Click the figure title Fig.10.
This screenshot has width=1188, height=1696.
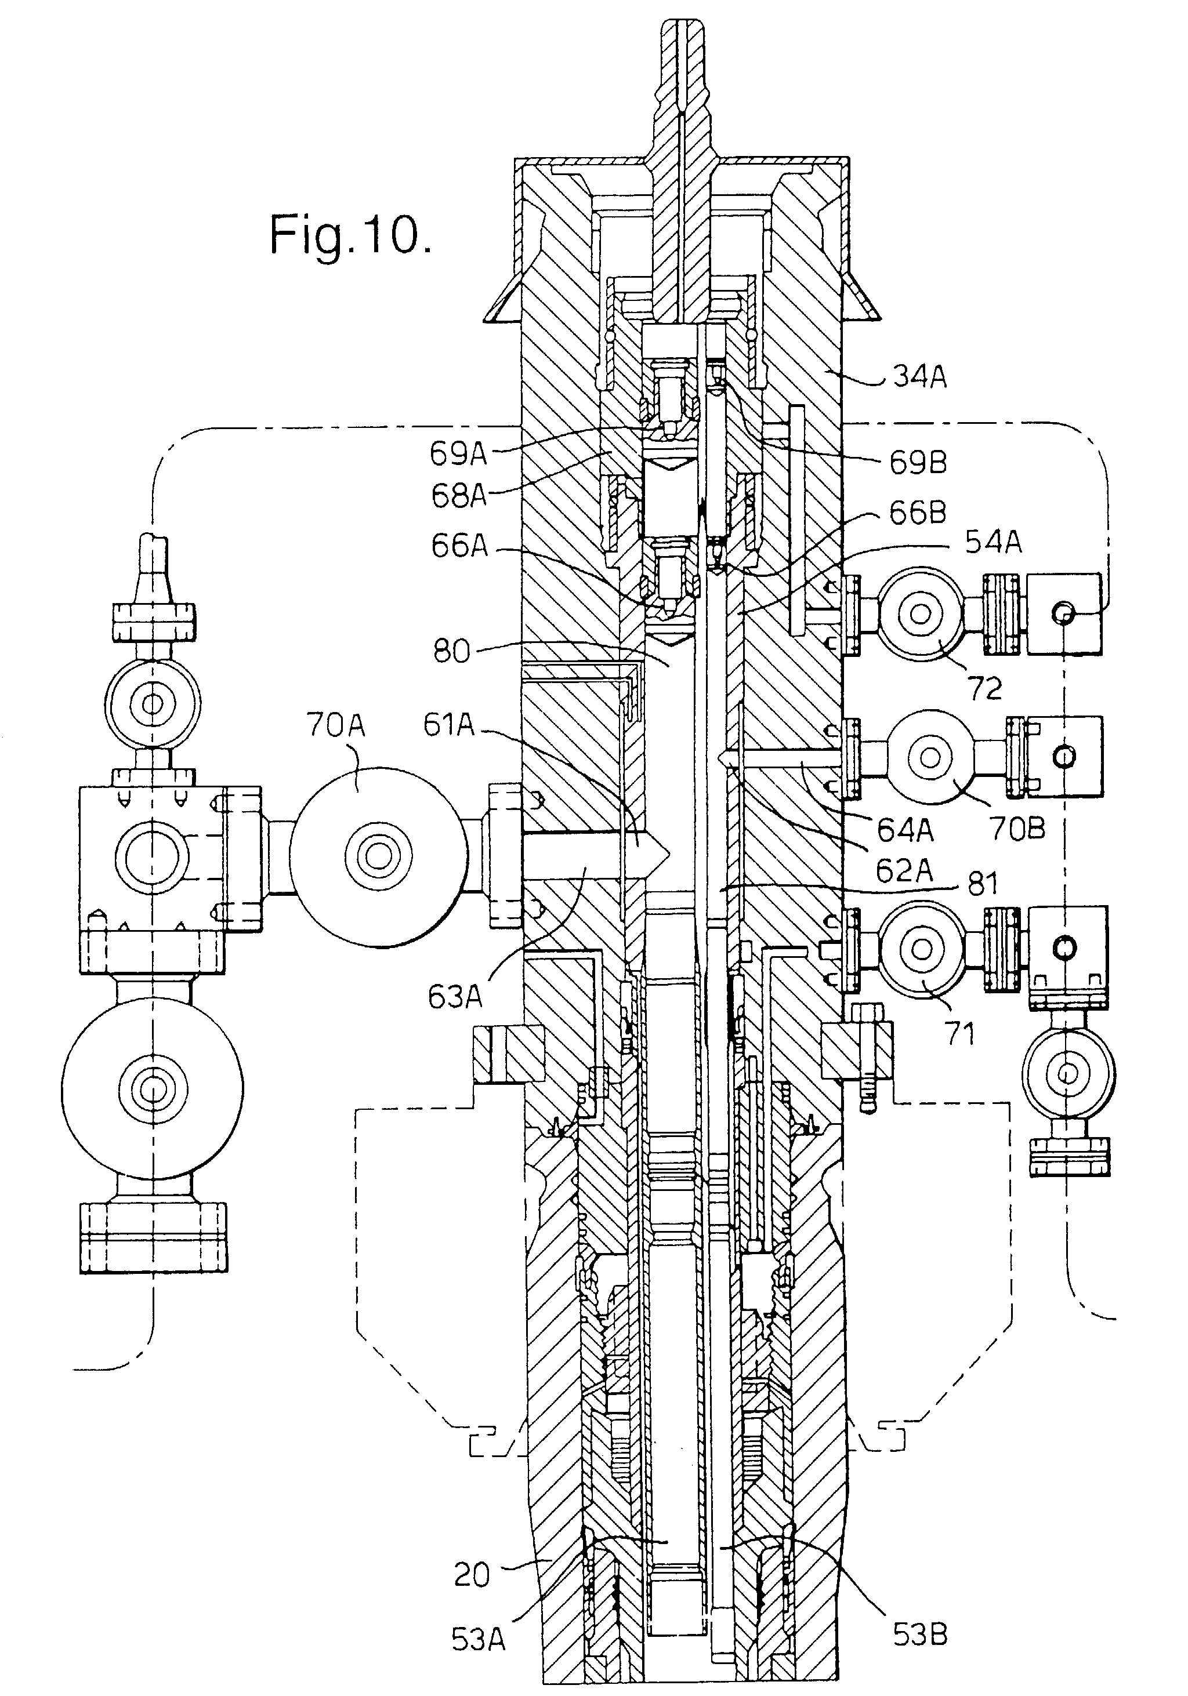350,235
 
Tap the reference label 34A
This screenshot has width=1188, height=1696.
919,377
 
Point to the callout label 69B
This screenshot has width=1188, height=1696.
918,462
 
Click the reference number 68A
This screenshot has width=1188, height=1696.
459,496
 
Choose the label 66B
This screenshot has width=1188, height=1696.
918,513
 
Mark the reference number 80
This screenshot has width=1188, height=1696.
451,652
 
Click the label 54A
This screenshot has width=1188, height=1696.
993,542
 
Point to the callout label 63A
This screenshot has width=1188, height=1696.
454,997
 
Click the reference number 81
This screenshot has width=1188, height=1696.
983,884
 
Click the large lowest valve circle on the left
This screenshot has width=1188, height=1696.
153,1089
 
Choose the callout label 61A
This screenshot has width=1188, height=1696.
448,725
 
